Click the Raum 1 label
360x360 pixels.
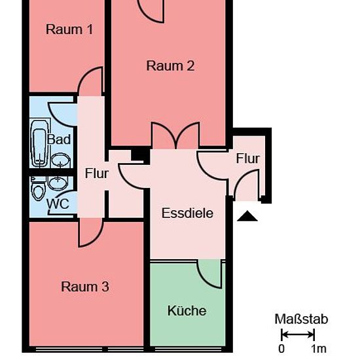click(x=69, y=29)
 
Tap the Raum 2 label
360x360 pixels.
click(x=170, y=66)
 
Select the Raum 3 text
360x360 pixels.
click(x=85, y=287)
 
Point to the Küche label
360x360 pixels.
click(x=187, y=311)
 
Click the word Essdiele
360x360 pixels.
click(x=187, y=213)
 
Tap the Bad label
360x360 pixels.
click(x=59, y=139)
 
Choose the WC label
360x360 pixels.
click(x=58, y=204)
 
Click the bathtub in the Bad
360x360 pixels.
click(x=39, y=143)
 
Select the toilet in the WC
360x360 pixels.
click(x=38, y=189)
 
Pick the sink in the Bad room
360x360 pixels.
click(x=60, y=160)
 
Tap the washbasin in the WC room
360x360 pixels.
click(x=58, y=183)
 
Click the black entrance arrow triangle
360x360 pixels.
click(x=247, y=216)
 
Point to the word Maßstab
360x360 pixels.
click(x=301, y=319)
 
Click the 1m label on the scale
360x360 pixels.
click(x=319, y=349)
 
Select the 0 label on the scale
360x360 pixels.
click(x=281, y=349)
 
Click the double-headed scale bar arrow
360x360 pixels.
click(x=298, y=334)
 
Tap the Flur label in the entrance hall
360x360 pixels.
click(x=248, y=158)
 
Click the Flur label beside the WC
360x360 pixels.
click(x=97, y=173)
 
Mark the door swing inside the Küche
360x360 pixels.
click(x=209, y=274)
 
